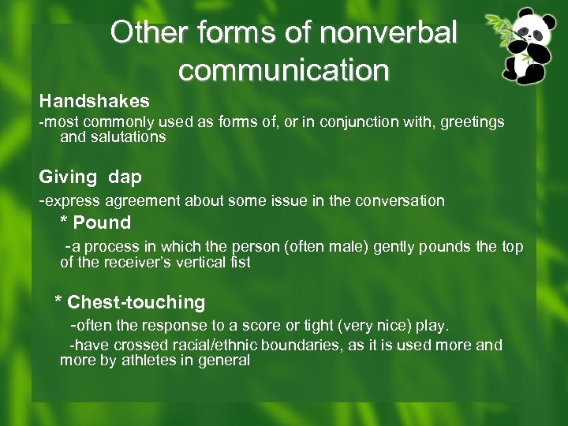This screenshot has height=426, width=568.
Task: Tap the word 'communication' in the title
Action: point(284,70)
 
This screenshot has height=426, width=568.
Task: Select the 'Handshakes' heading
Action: point(95,101)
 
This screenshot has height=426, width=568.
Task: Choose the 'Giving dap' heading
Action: point(91,177)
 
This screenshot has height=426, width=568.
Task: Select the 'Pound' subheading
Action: point(102,223)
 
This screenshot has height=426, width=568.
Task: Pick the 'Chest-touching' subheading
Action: point(136,302)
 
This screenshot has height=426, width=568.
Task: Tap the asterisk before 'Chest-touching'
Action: point(58,302)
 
